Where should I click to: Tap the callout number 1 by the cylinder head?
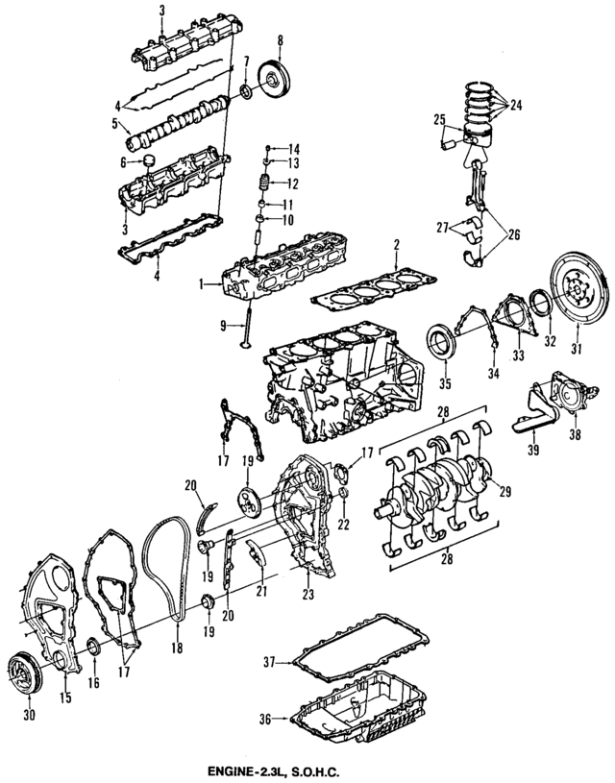tap(202, 283)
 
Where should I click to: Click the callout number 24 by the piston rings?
tap(515, 104)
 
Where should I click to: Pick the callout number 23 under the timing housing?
tap(307, 594)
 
